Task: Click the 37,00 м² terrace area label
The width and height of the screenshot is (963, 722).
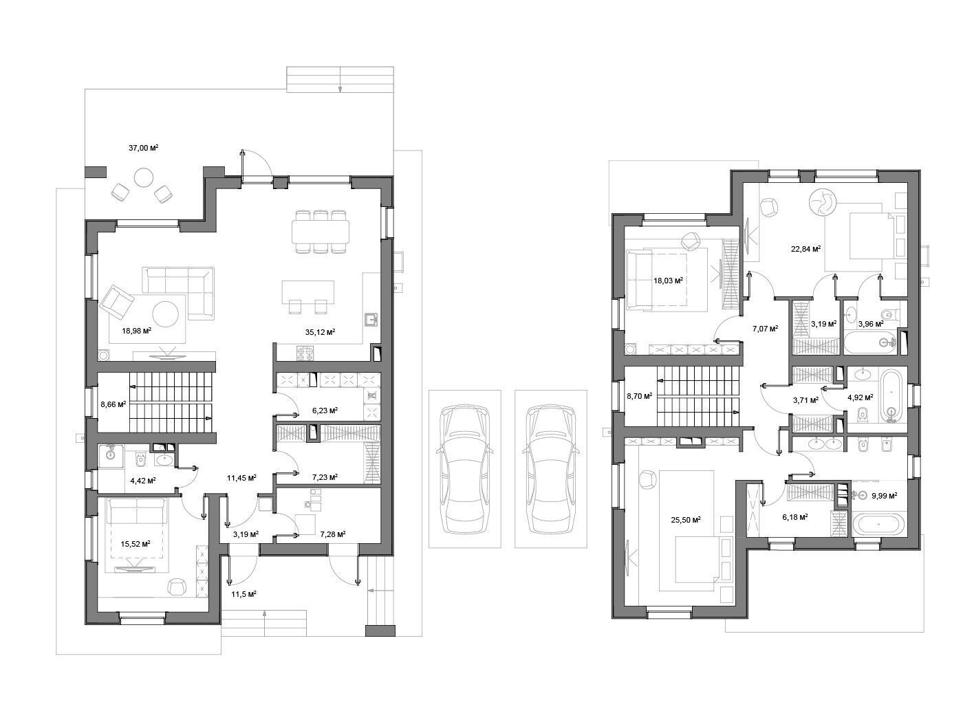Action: [x=143, y=148]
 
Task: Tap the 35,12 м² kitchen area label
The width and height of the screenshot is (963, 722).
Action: [x=320, y=332]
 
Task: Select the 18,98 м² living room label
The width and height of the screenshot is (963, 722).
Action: [x=136, y=331]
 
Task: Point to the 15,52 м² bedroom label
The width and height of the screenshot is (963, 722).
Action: [x=136, y=544]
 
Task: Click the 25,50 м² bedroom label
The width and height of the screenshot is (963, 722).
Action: [x=685, y=520]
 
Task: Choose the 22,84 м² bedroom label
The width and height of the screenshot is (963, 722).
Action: [x=805, y=248]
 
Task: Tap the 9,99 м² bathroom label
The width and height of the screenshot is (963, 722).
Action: [x=884, y=495]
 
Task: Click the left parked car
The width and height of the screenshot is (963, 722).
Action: [x=464, y=469]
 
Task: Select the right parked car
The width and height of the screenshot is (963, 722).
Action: [x=550, y=469]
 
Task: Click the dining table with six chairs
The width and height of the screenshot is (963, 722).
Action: [x=321, y=232]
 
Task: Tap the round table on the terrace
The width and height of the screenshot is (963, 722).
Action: [x=144, y=178]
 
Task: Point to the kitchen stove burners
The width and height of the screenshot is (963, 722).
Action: [x=305, y=353]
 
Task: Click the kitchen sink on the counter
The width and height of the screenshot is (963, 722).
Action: [x=371, y=319]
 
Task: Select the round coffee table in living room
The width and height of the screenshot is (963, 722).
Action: [x=165, y=314]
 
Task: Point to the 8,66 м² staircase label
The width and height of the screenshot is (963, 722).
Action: [x=113, y=404]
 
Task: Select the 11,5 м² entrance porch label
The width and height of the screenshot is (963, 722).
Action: [x=244, y=594]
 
